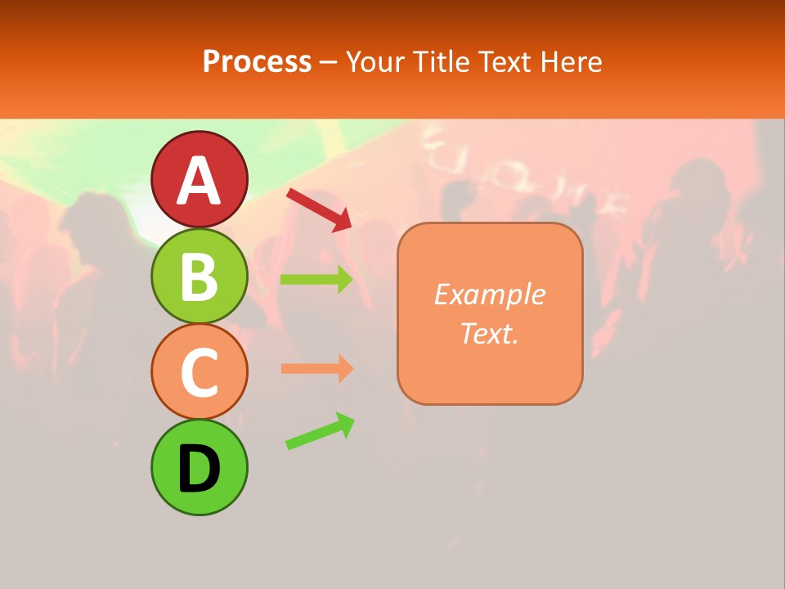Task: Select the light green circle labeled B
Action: [x=200, y=277]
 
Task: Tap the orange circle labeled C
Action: [x=200, y=371]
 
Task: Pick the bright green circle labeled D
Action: [x=200, y=467]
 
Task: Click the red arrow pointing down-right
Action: [x=317, y=209]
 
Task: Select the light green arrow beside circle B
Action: [x=316, y=280]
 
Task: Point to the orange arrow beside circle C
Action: [x=316, y=369]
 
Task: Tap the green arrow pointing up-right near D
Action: [x=319, y=431]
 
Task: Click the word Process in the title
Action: [x=257, y=61]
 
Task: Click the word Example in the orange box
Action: [x=490, y=294]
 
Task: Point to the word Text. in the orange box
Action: [x=490, y=333]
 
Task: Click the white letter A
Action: [x=200, y=181]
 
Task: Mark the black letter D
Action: [x=200, y=470]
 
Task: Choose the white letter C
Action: [x=200, y=374]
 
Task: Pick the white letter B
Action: [x=200, y=277]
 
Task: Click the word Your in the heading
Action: [x=375, y=61]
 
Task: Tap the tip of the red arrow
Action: [x=349, y=227]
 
